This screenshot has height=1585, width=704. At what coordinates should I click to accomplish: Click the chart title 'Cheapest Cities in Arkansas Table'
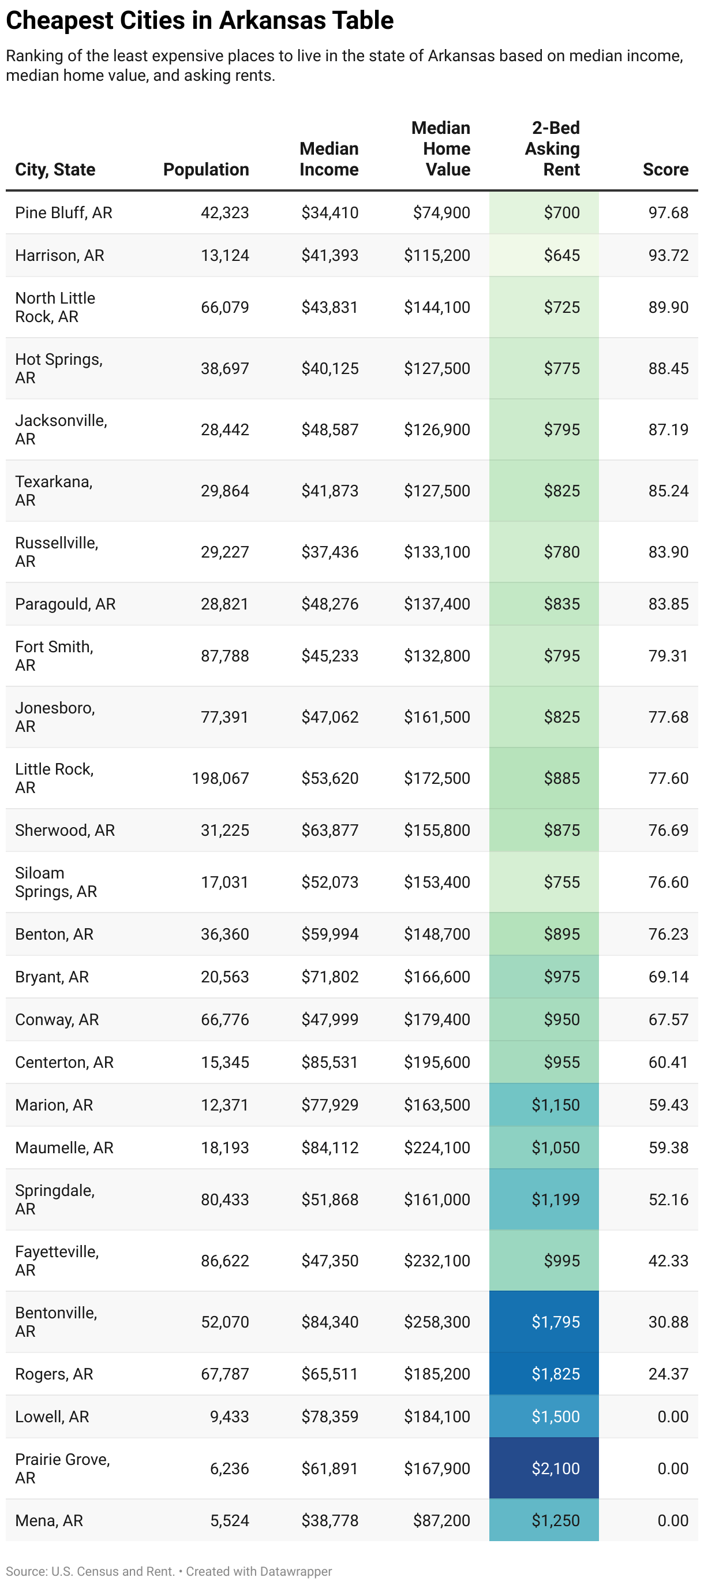click(200, 20)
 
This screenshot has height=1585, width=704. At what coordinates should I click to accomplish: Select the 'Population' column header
click(205, 169)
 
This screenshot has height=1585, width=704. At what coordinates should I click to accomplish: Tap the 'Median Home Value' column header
click(441, 149)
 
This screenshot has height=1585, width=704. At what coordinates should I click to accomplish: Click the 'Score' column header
click(665, 169)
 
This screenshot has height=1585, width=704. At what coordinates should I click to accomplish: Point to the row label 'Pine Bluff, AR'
click(63, 213)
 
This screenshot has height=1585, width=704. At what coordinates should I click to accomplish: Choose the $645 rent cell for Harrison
click(561, 255)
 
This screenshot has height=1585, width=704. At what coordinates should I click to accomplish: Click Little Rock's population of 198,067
click(220, 778)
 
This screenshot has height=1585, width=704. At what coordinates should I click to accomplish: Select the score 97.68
click(668, 213)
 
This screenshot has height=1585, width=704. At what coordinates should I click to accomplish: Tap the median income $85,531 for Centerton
click(329, 1062)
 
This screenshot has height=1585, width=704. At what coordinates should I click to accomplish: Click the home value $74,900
click(441, 213)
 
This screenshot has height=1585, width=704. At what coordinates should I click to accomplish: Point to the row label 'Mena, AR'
click(48, 1520)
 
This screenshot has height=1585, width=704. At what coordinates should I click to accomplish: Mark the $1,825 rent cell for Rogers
click(555, 1373)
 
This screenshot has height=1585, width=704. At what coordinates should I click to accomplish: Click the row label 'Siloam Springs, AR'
click(56, 882)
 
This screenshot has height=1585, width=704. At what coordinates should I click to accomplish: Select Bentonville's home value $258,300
click(437, 1322)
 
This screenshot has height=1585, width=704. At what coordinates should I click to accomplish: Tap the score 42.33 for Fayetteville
click(668, 1261)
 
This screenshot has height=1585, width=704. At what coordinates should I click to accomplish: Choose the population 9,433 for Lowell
click(229, 1416)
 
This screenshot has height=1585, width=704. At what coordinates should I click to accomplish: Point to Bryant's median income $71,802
click(329, 977)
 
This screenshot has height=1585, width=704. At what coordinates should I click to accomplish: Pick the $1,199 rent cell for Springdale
click(555, 1199)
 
